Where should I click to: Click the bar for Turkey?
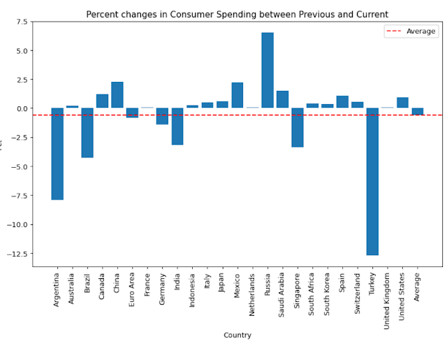(x=372, y=182)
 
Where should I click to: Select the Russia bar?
(x=268, y=71)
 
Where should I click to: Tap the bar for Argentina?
(x=57, y=154)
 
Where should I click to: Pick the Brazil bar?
(x=87, y=133)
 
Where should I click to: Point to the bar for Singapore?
(x=298, y=127)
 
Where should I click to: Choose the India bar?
(x=177, y=127)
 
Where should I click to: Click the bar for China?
(x=117, y=95)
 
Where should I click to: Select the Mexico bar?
(x=237, y=95)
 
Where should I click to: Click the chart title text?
(x=237, y=15)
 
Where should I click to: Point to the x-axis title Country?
(x=237, y=336)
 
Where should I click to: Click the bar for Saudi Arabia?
(x=282, y=99)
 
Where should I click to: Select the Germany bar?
(x=162, y=116)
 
